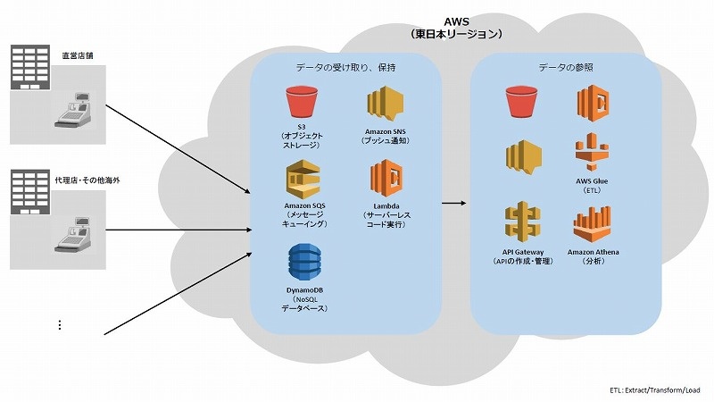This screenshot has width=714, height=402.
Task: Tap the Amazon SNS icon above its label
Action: [x=385, y=105]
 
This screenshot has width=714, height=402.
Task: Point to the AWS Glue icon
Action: [x=591, y=153]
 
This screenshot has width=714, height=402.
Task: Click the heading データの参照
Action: [x=566, y=67]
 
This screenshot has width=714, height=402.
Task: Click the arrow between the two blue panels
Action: [x=454, y=203]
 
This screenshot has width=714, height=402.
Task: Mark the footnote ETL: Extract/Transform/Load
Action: [x=649, y=390]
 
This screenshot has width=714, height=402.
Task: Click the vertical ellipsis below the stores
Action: [x=60, y=325]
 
